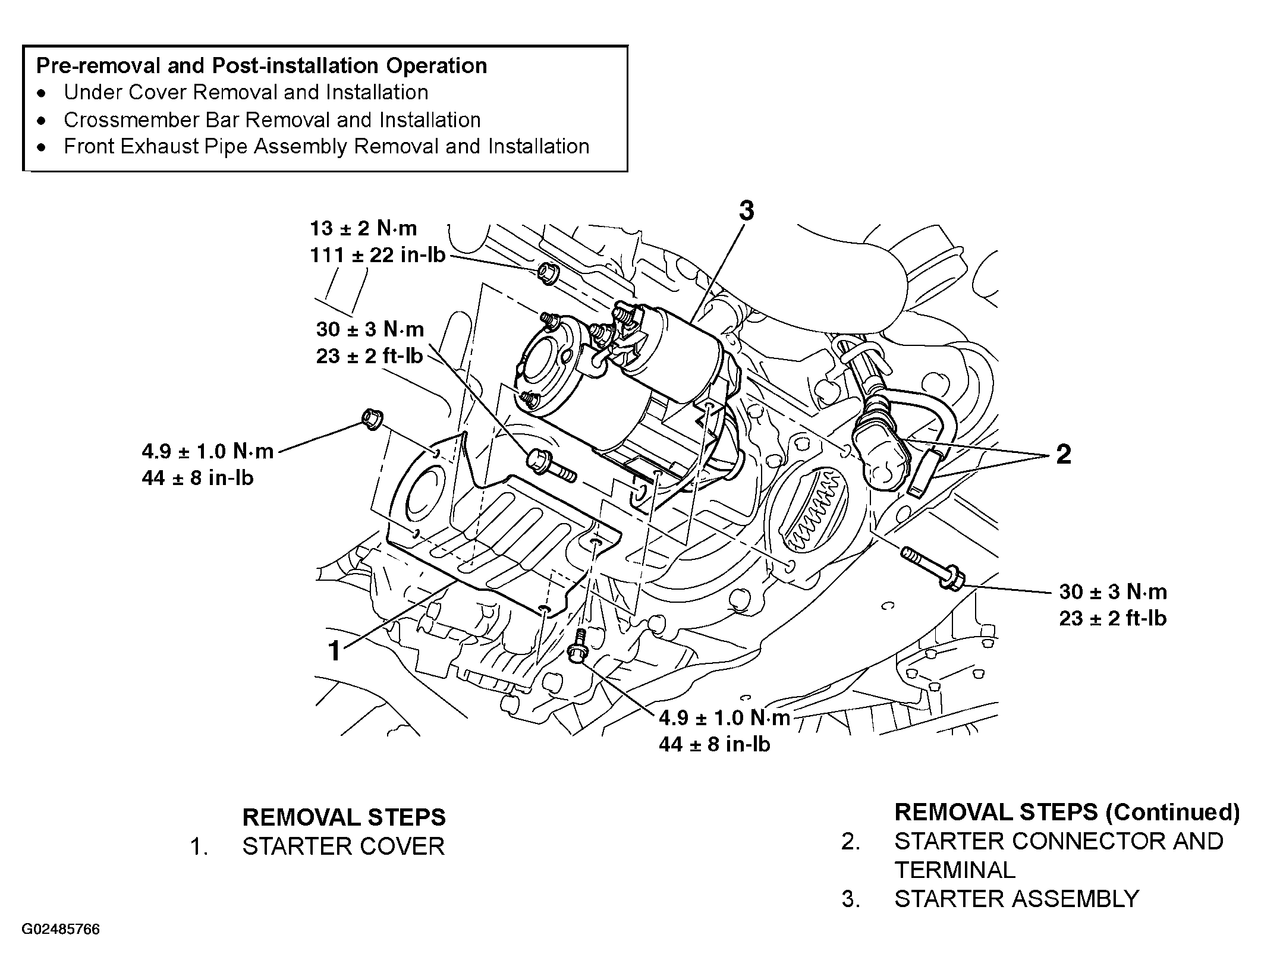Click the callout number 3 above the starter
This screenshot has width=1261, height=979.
pos(746,211)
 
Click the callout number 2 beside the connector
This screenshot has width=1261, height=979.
pos(1063,454)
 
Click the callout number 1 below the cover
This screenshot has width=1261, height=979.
pos(335,650)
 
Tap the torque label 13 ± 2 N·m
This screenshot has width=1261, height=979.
pos(363,228)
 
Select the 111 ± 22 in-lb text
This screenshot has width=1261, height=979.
pos(377,255)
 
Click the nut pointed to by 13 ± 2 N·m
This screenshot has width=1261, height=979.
pos(546,273)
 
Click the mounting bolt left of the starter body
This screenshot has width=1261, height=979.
pos(550,467)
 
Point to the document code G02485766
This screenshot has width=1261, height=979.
pos(61,929)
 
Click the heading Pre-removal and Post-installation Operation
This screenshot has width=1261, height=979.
pos(262,65)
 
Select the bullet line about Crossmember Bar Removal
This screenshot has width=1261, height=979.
pos(272,120)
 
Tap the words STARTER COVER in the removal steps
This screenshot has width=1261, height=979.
pos(343,846)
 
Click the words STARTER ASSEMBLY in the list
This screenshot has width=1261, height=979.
pos(1016,899)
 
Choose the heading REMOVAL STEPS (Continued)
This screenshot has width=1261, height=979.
pos(1067,812)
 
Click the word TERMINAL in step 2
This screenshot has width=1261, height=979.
pos(955,870)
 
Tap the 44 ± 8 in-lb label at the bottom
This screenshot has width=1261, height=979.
pos(714,744)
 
